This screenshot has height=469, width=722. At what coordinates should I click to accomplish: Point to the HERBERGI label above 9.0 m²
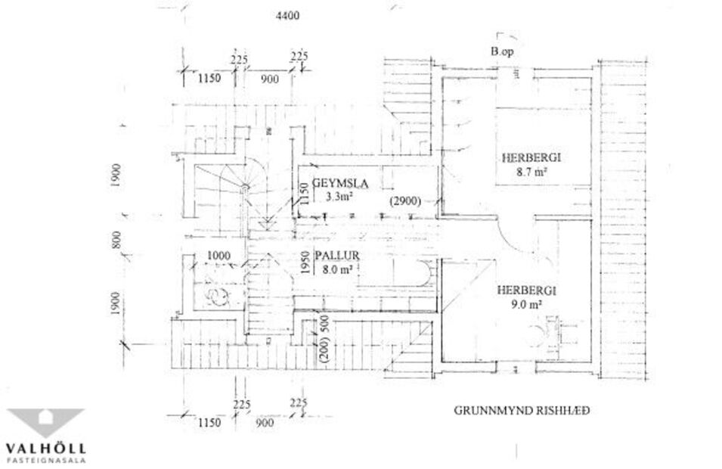pyautogui.click(x=526, y=290)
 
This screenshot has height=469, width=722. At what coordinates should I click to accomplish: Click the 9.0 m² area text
pyautogui.click(x=526, y=306)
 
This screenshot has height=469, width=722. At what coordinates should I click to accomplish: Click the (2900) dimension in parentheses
pyautogui.click(x=405, y=202)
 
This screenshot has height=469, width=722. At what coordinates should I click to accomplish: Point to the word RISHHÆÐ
pyautogui.click(x=561, y=412)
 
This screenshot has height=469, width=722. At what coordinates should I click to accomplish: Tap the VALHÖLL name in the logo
pyautogui.click(x=45, y=449)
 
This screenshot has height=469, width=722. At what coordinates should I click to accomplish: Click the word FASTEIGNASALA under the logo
pyautogui.click(x=45, y=460)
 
